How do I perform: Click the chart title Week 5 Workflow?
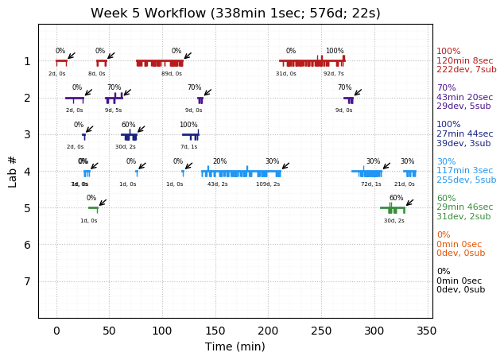235,13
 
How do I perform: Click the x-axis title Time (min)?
235,346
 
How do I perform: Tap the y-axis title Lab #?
13,171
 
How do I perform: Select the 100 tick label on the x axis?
162,331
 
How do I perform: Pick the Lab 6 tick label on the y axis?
26,245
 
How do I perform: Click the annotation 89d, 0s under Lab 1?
172,74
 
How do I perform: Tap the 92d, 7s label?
334,74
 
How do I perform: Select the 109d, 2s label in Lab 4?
268,184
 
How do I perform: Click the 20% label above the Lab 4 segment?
219,161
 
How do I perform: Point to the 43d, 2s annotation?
218,184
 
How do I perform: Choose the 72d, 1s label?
371,184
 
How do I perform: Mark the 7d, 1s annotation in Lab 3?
189,147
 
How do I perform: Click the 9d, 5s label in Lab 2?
114,110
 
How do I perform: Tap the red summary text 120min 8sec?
464,60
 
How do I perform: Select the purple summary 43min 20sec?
464,97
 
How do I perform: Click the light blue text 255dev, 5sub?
466,180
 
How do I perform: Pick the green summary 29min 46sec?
464,207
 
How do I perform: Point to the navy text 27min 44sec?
464,134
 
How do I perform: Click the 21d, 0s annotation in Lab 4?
405,184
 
